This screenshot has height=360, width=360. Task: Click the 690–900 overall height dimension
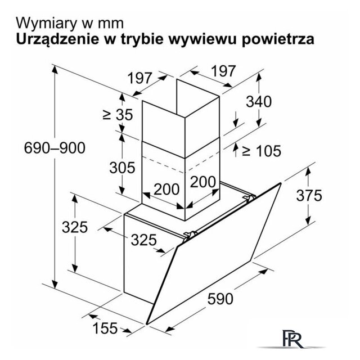pos(55,148)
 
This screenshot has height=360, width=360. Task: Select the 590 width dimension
pos(220,299)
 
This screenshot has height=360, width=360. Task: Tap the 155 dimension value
pos(105,328)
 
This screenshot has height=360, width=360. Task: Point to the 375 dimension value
pos(309,196)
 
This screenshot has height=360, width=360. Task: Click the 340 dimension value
pos(259,101)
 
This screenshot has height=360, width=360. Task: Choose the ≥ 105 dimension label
pos(262,151)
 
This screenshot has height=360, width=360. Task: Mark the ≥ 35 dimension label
pos(118,114)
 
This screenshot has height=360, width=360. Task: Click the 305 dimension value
pos(122,168)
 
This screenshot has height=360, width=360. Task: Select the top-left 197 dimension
pos(139,78)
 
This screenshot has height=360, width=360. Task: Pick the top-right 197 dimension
pos(223,71)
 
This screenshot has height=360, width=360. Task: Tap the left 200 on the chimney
pos(166,189)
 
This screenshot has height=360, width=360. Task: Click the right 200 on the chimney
pos(203,182)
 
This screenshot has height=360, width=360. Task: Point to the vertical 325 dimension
pos(75,227)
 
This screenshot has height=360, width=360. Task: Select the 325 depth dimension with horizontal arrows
pos(144,240)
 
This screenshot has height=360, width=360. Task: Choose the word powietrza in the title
pos(278,40)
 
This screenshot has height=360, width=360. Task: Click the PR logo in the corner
pos(292,339)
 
